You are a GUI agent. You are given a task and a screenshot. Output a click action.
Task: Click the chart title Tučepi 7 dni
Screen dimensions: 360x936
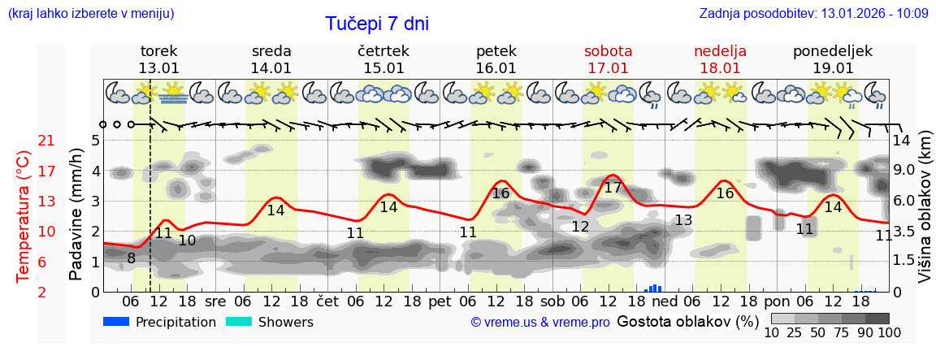tap(377, 24)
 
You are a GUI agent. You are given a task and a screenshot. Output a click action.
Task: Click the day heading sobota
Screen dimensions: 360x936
tap(608, 51)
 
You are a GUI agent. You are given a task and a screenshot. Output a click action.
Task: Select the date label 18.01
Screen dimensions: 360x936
tap(720, 68)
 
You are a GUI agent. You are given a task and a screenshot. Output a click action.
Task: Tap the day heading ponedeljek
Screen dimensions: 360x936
tap(833, 51)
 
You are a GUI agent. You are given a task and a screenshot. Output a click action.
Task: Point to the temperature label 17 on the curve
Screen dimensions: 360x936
tap(613, 188)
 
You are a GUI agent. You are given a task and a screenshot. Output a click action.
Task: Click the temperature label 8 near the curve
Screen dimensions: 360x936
tap(131, 258)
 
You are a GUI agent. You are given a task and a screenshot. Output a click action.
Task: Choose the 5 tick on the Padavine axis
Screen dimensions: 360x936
tap(95, 140)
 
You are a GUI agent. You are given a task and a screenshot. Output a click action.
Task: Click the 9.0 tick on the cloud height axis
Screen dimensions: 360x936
tap(905, 171)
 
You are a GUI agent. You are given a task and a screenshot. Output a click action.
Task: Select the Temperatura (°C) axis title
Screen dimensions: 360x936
tap(24, 216)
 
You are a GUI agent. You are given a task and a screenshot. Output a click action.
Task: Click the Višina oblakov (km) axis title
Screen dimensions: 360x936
tap(925, 209)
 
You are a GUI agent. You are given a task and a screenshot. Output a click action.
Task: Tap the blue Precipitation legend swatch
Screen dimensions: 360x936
tap(116, 322)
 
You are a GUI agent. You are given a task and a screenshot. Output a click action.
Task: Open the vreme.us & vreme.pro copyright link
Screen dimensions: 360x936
tap(540, 323)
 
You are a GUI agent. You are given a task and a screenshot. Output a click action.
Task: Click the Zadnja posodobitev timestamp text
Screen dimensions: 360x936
tap(813, 13)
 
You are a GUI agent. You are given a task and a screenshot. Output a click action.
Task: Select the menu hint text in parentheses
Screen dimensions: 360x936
tap(90, 13)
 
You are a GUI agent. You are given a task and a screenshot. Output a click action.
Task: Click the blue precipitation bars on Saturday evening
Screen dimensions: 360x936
tap(654, 288)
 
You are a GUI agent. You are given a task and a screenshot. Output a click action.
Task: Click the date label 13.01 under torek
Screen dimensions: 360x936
tap(158, 68)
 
